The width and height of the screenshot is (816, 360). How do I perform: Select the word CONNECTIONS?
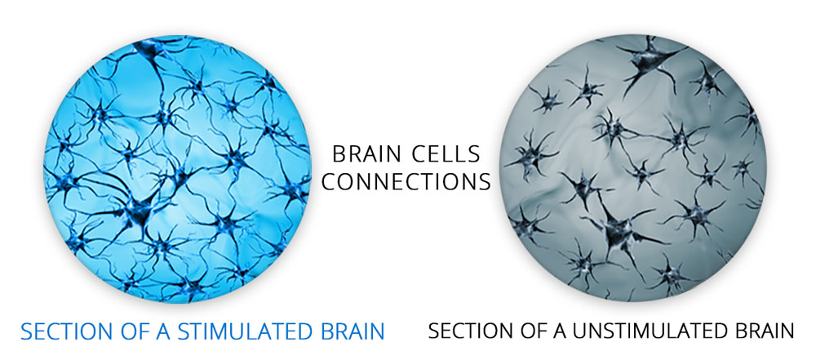tap(406, 182)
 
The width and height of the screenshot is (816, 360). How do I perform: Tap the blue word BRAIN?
tap(348, 331)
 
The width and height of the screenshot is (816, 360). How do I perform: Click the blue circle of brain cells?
tap(177, 169)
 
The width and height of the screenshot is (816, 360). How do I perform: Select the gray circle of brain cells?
tap(632, 168)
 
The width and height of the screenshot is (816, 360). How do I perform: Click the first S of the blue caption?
tap(27, 331)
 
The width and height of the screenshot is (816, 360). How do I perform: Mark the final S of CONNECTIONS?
tap(485, 182)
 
